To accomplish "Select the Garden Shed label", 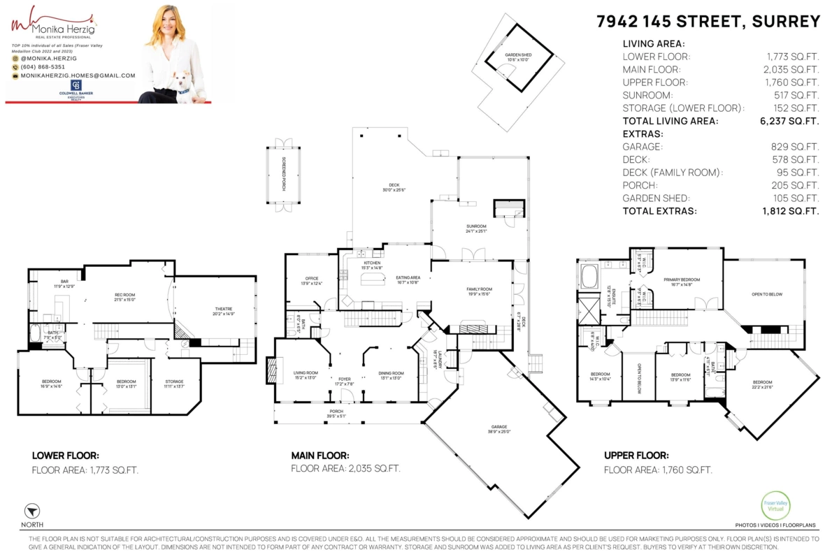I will [519, 57].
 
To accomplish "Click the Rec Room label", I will [124, 296].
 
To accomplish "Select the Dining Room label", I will [391, 375].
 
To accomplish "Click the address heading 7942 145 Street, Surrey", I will [708, 22].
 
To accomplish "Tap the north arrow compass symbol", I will [31, 511].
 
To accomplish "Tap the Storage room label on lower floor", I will [174, 384].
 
